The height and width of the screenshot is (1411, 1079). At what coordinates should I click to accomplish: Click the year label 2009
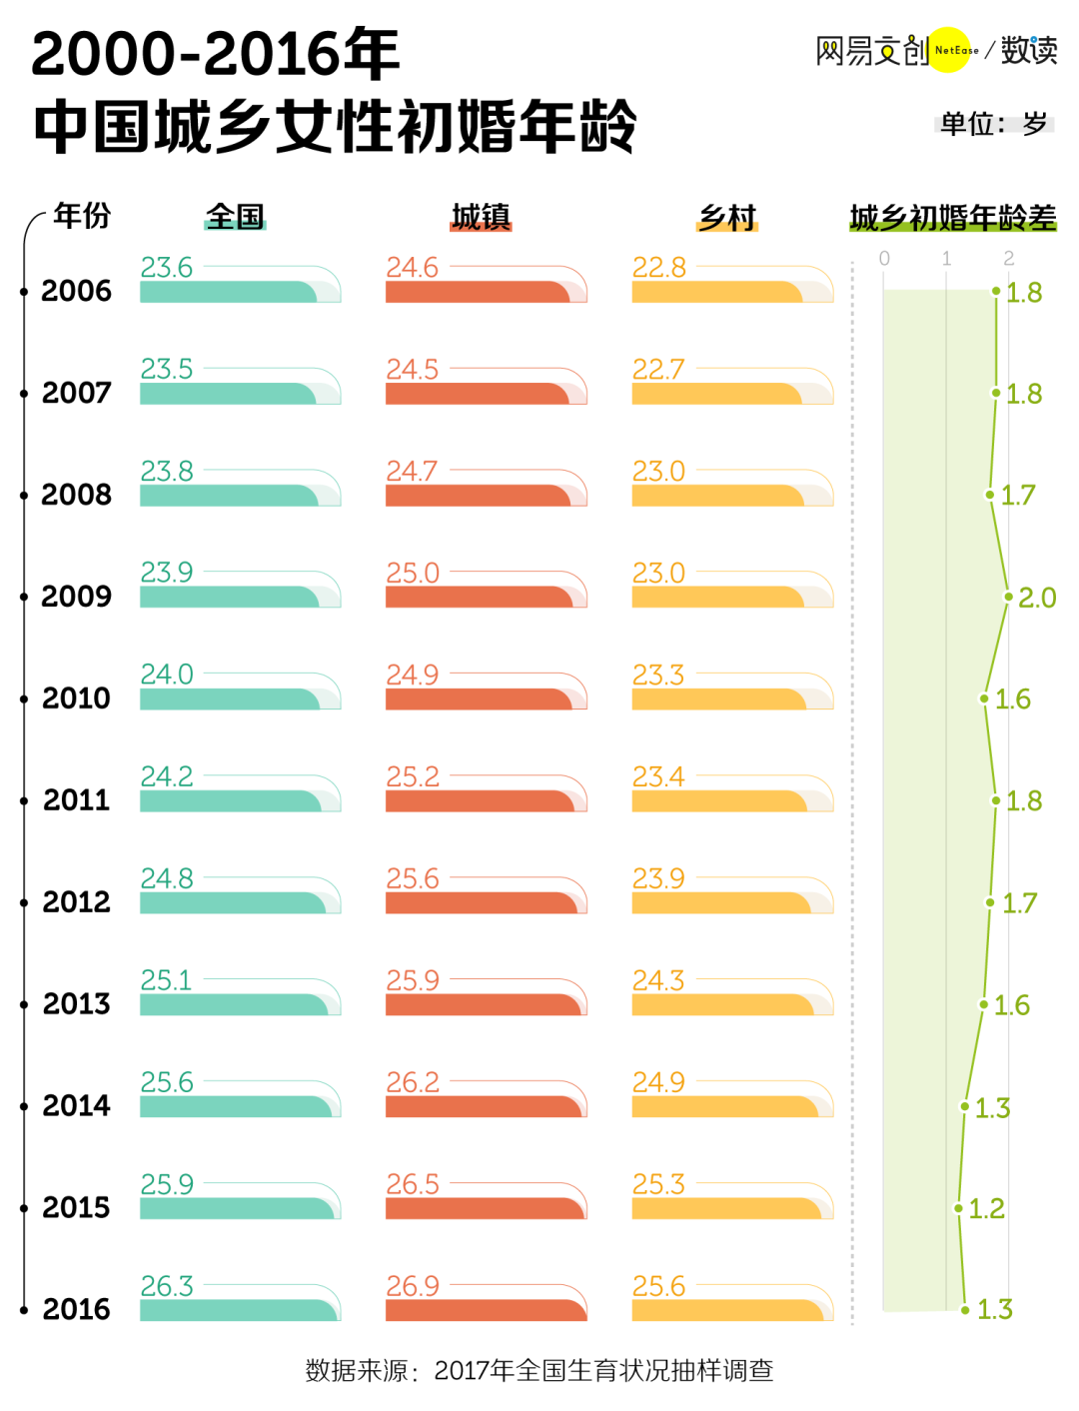coord(76,597)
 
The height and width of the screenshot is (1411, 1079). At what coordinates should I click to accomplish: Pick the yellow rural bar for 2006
coord(717,292)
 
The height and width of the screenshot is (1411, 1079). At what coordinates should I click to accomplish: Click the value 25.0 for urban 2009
coord(413,574)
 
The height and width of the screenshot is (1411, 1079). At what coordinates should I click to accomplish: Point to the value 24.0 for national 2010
coord(167,675)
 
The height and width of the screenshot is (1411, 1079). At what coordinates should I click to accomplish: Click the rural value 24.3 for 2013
coord(658,980)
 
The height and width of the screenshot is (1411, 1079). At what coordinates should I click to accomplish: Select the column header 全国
coord(236,217)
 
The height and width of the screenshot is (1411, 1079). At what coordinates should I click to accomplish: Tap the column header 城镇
coord(481,217)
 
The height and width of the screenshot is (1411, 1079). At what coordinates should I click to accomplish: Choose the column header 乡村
coord(727,217)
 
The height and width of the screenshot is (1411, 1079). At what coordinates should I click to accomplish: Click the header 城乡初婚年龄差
coord(952,217)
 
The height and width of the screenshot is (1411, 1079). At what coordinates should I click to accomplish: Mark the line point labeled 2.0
coord(1009,597)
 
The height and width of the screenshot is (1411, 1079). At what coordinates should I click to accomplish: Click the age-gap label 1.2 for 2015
coord(986,1209)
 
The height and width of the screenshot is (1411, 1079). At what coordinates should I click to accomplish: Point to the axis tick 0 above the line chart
coord(884,259)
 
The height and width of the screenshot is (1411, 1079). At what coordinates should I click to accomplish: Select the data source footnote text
coord(539,1370)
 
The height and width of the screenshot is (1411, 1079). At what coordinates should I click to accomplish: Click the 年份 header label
coord(82,215)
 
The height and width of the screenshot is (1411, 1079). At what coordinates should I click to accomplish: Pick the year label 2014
coord(76,1106)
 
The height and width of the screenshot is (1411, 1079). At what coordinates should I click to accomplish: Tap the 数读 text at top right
coord(1029,50)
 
